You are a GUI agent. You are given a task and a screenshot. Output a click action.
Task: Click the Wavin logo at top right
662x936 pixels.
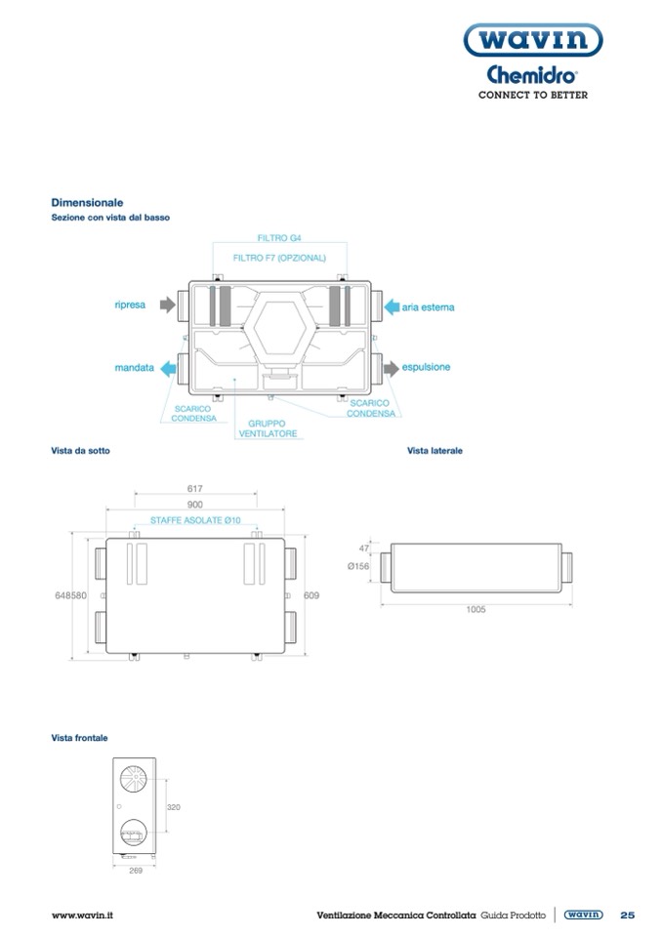click(531, 41)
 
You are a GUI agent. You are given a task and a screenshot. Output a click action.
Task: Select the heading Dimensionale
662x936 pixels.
click(87, 202)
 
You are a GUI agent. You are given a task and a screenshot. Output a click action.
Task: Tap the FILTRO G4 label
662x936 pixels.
click(279, 237)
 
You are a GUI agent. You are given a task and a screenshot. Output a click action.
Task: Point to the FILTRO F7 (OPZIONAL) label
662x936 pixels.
click(279, 258)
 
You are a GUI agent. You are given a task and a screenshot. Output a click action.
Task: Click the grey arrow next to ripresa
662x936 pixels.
click(167, 305)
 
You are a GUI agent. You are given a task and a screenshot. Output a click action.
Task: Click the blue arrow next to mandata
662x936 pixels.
click(168, 368)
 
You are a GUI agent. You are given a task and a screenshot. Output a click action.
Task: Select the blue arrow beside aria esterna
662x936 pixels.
click(389, 306)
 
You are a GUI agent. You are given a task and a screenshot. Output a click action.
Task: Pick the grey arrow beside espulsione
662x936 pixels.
click(390, 368)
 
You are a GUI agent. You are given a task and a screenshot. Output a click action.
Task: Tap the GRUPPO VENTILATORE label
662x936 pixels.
click(266, 428)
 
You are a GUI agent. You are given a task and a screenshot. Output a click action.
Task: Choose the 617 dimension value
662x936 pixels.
click(194, 488)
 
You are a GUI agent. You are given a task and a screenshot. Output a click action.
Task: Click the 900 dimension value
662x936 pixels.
click(194, 505)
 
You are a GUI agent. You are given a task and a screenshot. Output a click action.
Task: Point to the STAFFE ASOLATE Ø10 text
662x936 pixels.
click(195, 520)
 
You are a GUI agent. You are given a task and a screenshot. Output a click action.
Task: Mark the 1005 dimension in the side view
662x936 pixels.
click(476, 609)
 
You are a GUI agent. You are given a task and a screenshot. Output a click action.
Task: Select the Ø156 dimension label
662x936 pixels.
click(358, 566)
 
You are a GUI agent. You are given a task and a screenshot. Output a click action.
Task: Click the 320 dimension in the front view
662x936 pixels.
click(174, 807)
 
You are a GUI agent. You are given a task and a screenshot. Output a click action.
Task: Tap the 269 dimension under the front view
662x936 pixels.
click(136, 870)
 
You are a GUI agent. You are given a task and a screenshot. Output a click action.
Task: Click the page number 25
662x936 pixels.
click(627, 915)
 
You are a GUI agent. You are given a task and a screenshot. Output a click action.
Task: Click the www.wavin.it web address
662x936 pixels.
click(83, 915)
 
